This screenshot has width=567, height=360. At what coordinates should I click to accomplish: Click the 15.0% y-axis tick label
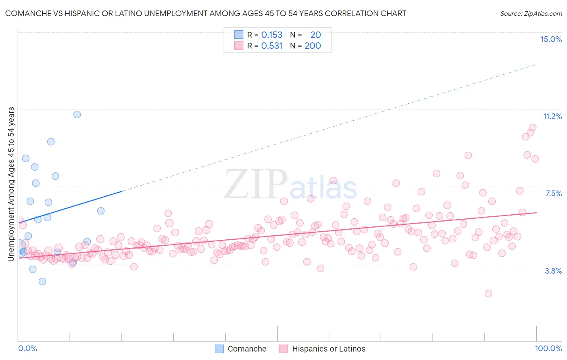551,39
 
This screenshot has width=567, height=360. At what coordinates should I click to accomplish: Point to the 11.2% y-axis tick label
552,116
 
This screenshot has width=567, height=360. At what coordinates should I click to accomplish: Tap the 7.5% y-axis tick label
553,193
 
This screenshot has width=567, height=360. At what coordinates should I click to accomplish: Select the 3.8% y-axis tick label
553,271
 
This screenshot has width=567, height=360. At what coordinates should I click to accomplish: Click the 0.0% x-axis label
27,348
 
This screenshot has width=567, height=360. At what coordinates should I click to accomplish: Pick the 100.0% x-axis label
548,348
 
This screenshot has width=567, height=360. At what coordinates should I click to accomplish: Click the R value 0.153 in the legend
272,35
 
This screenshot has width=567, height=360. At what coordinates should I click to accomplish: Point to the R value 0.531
272,46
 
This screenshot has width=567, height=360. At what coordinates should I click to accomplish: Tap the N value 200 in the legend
313,46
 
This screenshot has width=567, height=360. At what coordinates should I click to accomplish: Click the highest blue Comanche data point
77,114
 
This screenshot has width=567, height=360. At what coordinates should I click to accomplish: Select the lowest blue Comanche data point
42,281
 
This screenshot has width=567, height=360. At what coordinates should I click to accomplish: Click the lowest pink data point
488,293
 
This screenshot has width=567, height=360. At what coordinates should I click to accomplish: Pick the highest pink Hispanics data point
533,128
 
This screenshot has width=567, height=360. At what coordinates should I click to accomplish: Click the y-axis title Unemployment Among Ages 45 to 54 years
11,184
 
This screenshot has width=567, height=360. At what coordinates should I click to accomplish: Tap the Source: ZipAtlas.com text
531,13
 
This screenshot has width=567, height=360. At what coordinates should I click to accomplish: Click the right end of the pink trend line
536,212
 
